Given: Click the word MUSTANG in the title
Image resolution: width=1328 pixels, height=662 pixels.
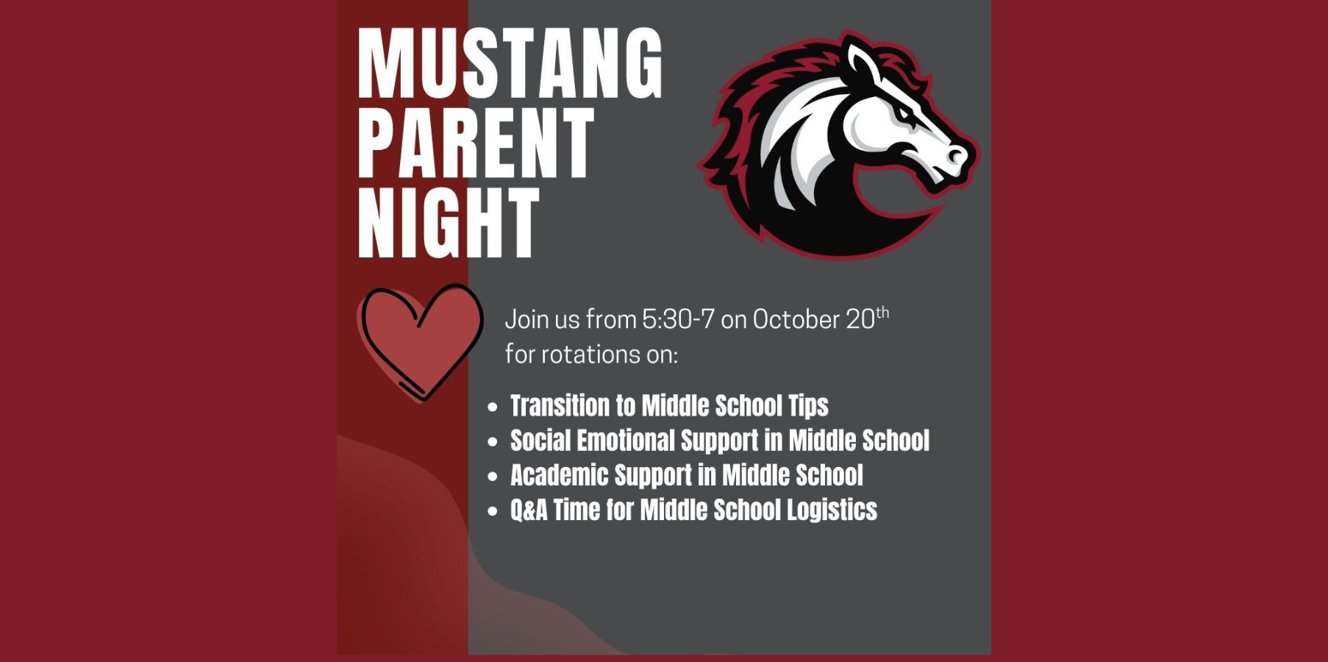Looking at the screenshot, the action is coord(510,64).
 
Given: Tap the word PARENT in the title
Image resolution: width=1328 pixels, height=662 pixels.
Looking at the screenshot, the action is coord(476,143).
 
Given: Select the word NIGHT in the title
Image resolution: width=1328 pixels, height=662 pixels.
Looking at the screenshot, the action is coord(449,222).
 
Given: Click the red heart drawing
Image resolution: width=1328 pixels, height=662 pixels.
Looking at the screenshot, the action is coord(420,341).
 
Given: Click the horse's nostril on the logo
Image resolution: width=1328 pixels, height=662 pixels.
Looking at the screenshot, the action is coord(955,155).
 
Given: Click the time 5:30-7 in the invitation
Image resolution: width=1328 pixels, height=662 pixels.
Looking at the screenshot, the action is coord(678,319).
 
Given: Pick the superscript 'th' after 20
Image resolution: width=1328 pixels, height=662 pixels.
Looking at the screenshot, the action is coord(882,313).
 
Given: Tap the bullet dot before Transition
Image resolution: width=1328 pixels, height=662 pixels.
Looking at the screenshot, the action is coord(493,407).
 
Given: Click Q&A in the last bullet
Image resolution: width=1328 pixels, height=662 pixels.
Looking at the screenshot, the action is coord(529,510).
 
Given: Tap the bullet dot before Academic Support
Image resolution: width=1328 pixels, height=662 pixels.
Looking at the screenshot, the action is coord(493,476).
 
